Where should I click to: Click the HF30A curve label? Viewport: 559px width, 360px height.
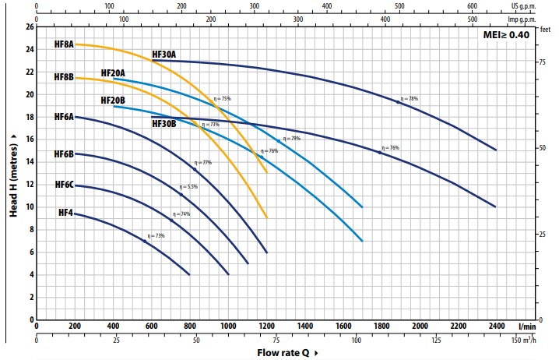[x=163, y=55]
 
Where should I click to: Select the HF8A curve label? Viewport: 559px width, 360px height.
[x=64, y=44]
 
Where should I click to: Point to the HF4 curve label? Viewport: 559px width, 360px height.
[x=65, y=213]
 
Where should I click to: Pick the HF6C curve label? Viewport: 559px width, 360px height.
[x=64, y=185]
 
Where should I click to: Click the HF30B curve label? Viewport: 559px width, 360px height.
[x=163, y=123]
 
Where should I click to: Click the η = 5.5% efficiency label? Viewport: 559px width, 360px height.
[x=189, y=187]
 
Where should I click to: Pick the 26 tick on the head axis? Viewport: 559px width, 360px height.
[x=30, y=26]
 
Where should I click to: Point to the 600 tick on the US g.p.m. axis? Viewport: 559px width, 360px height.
[x=472, y=5]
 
